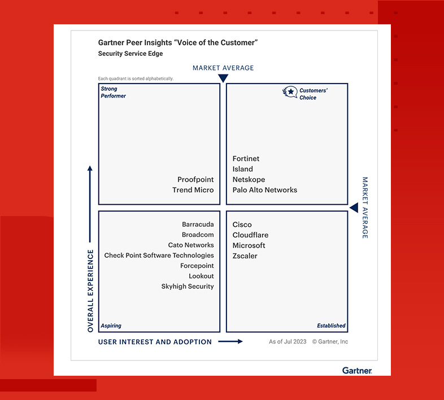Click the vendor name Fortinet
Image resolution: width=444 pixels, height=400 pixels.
pos(246,159)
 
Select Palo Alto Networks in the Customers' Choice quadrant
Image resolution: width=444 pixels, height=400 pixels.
pos(265,190)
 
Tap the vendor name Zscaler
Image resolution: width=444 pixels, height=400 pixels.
pos(245,256)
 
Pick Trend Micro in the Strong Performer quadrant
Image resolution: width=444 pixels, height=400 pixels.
pos(193,190)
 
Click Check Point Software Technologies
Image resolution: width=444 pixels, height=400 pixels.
pos(159,256)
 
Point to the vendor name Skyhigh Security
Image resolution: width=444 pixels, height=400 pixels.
pos(188,286)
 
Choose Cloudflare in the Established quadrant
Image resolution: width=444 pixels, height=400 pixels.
pos(250,235)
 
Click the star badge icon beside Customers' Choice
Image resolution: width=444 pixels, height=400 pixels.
pos(290,92)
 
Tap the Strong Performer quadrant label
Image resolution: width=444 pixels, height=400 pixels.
pos(114,92)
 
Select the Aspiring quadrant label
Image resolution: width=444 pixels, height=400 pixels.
pos(111,326)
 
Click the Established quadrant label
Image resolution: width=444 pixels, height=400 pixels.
pos(331,326)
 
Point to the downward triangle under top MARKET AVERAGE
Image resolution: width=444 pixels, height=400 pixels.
pos(223,78)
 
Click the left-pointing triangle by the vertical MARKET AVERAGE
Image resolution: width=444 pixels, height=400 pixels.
pos(354,208)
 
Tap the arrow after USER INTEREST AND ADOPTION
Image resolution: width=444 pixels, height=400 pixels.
pos(230,341)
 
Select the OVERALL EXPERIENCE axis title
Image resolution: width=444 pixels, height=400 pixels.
pos(90,291)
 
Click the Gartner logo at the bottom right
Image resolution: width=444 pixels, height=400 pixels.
pos(357,370)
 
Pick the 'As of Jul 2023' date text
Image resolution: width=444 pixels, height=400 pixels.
pos(288,341)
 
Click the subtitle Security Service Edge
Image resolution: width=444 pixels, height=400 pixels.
pos(130,54)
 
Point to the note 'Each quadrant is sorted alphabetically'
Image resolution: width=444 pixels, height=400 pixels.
pos(136,78)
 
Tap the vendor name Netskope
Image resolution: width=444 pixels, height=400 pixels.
pos(249,179)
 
